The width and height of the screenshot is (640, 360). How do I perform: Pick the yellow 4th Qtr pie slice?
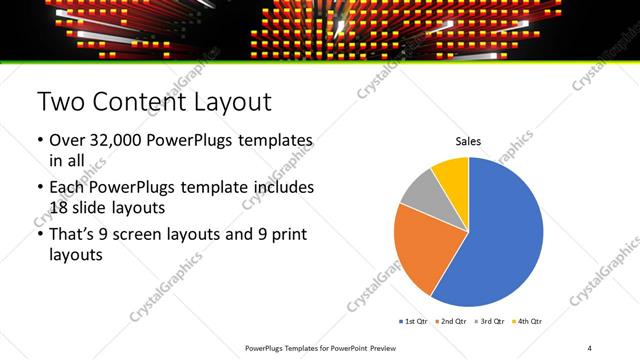click(452, 175)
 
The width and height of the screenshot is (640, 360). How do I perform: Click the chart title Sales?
click(469, 142)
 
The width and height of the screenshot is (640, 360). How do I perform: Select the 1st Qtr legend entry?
click(416, 321)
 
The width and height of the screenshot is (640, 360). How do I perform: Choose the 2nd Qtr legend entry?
click(454, 321)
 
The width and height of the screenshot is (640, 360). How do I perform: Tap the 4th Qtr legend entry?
click(529, 321)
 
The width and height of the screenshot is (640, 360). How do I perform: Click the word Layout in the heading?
click(232, 102)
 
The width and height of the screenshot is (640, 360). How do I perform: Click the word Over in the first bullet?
click(67, 140)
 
